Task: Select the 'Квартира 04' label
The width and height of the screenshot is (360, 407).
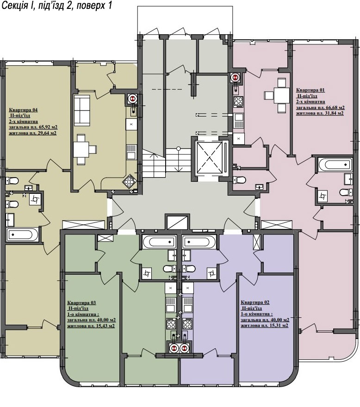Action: [x=24, y=110]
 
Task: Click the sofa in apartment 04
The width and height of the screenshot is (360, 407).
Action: [x=82, y=110]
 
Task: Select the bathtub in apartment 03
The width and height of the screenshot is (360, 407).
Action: [x=158, y=242]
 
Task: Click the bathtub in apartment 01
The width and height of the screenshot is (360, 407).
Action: [x=335, y=165]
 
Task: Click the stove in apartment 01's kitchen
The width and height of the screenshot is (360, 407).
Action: [x=238, y=102]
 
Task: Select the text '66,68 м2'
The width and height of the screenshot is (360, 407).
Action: [x=334, y=107]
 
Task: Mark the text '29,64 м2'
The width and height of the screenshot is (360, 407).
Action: [x=45, y=133]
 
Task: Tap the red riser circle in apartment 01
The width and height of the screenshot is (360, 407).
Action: [x=236, y=77]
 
